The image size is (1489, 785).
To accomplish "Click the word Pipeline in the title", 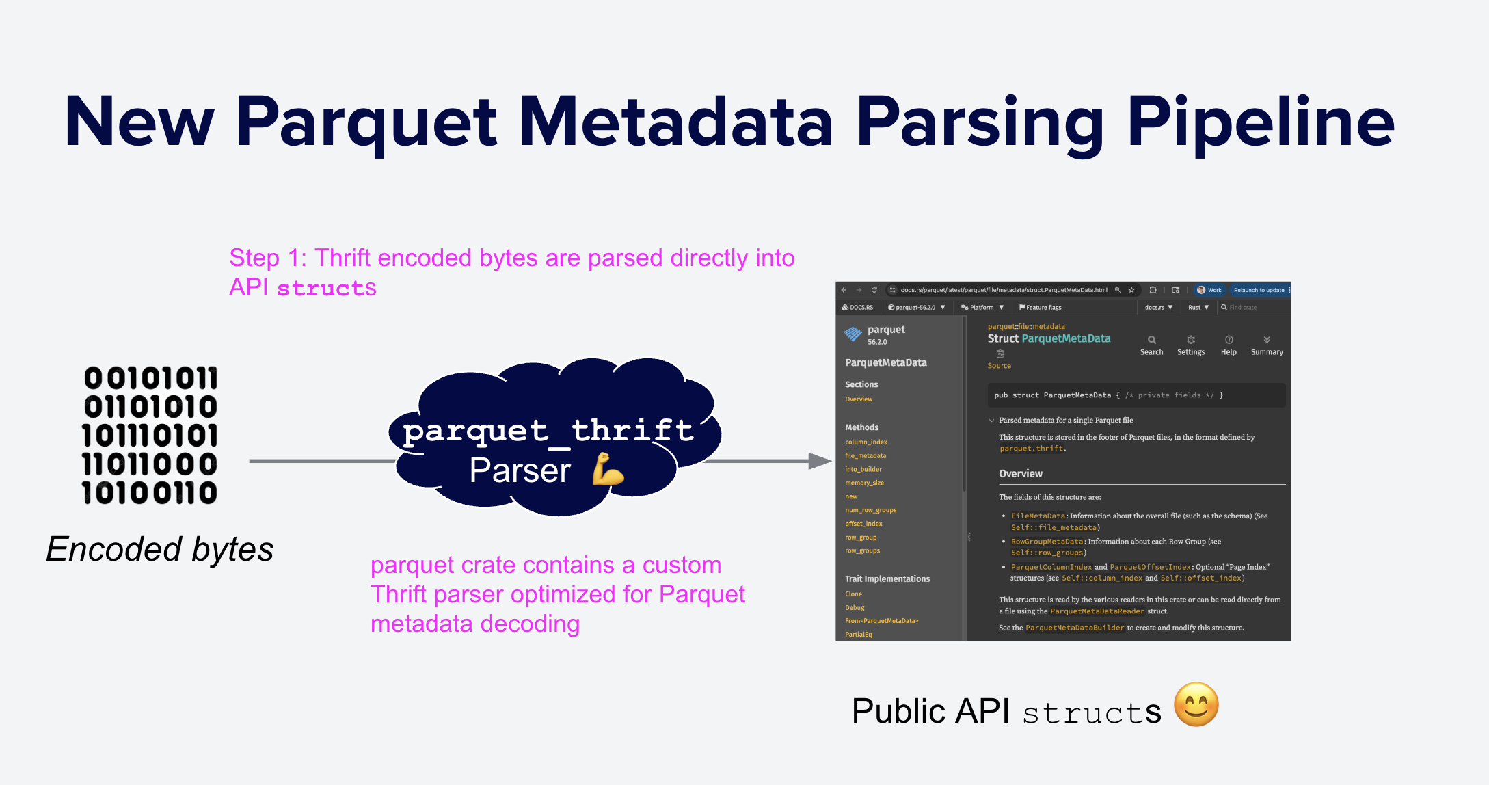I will [x=1261, y=123].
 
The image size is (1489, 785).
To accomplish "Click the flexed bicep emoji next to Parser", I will [x=608, y=469].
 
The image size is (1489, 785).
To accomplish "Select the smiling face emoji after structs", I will [x=1196, y=705].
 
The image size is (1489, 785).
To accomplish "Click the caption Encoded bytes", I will [x=160, y=549].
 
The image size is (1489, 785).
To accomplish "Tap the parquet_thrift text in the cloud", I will [x=548, y=431].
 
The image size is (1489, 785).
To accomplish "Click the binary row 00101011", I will [x=150, y=378].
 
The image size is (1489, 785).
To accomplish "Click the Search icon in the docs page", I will [x=1151, y=341].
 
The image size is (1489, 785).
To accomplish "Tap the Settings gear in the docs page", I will [x=1191, y=341].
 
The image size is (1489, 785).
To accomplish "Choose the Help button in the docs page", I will [x=1229, y=341].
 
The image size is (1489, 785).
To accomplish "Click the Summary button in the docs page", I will [x=1267, y=341].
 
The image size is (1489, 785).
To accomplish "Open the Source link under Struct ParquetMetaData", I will [x=999, y=366].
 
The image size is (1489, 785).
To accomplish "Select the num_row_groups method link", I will [x=870, y=510].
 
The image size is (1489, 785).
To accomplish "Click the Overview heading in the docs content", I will [x=1020, y=474].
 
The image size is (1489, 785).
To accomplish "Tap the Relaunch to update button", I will [x=1259, y=290].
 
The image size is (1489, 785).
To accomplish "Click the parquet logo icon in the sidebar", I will [x=853, y=334].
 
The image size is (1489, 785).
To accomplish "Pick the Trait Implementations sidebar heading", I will [x=887, y=579].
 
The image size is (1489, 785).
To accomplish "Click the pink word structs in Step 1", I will [x=326, y=289].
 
